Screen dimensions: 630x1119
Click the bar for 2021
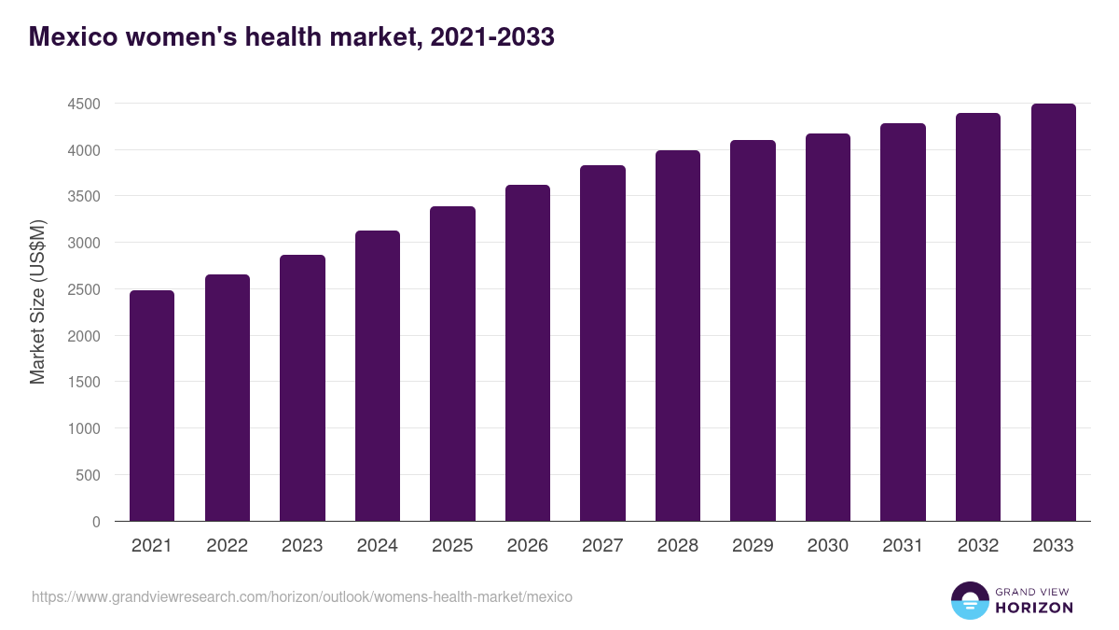coord(152,406)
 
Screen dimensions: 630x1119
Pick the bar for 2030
coord(828,328)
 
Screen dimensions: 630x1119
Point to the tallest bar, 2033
coord(1053,313)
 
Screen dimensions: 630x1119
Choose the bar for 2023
coord(302,388)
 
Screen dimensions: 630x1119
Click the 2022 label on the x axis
coord(227,546)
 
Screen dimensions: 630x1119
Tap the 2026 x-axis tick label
coord(528,546)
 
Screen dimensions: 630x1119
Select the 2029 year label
coord(753,546)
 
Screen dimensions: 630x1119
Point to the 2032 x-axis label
coord(978,546)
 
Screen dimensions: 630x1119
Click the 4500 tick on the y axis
coord(84,104)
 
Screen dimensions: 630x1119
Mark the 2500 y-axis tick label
coord(84,289)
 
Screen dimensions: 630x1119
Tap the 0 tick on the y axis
coord(96,522)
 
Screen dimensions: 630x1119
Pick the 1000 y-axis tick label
coord(84,428)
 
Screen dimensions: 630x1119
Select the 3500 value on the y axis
coord(84,197)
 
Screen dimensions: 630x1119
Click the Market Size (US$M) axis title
coord(37,301)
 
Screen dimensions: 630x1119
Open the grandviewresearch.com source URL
coord(302,596)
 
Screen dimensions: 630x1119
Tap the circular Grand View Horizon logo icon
coord(969,600)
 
